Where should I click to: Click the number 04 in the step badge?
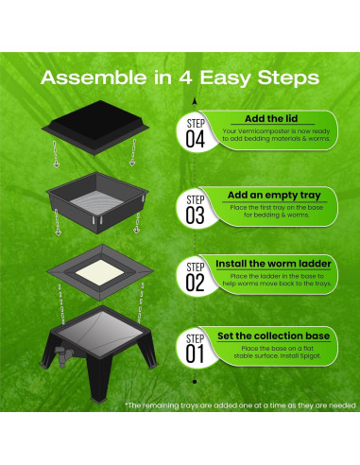pos(196,140)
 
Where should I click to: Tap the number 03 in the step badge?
pos(195,215)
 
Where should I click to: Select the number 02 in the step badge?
pos(195,283)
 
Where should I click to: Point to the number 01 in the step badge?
pos(195,354)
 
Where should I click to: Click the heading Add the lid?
pos(271,119)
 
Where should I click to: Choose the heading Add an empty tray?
pos(274,196)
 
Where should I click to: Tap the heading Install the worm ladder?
pos(273,264)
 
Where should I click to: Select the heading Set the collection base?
pos(273,336)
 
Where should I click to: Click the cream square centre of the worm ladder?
pos(100,272)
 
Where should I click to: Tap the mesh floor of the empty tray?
pos(96,202)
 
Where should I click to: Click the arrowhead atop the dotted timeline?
pos(195,101)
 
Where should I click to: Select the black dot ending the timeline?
pos(195,382)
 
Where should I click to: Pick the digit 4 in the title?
pos(185,77)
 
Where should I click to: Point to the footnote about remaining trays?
pos(240,405)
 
